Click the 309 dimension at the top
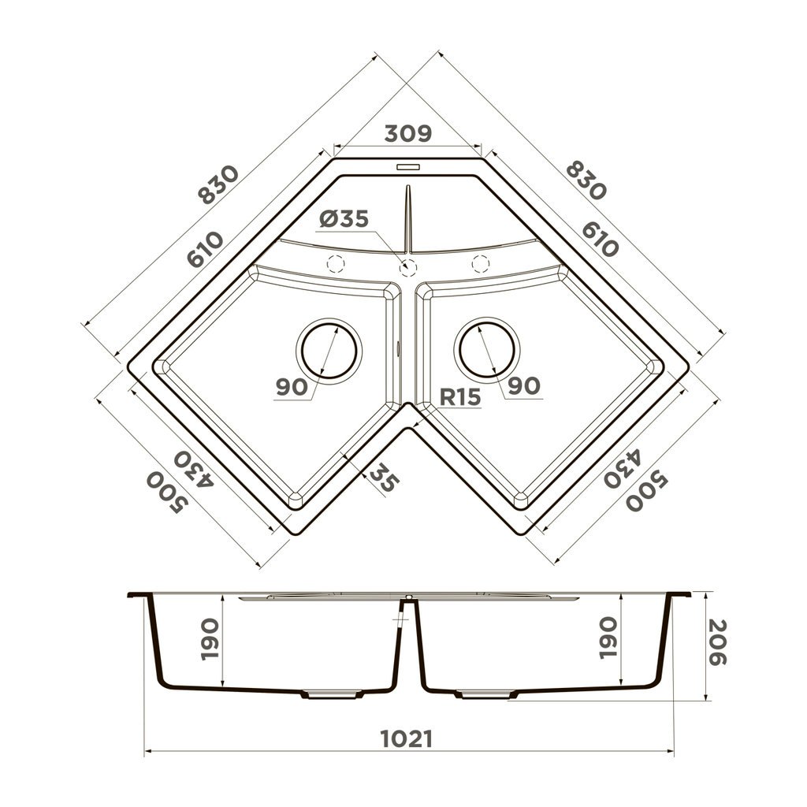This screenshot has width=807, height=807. [x=407, y=134]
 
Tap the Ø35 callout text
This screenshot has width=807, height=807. [x=344, y=220]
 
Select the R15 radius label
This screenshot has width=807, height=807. [x=459, y=398]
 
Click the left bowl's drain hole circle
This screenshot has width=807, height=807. [x=329, y=349]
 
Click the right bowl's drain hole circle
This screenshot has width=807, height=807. [x=488, y=348]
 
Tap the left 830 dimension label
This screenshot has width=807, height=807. [x=218, y=184]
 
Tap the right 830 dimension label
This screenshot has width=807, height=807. [x=585, y=180]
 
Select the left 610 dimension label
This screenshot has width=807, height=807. [x=205, y=251]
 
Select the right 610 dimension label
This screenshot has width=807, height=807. [x=600, y=239]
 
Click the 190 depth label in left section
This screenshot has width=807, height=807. [x=210, y=639]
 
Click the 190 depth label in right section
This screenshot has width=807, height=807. [x=608, y=639]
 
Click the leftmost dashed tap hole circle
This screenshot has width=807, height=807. [x=336, y=264]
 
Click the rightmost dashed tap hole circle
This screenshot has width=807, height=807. [x=480, y=264]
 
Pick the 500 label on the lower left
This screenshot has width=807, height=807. [x=164, y=493]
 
